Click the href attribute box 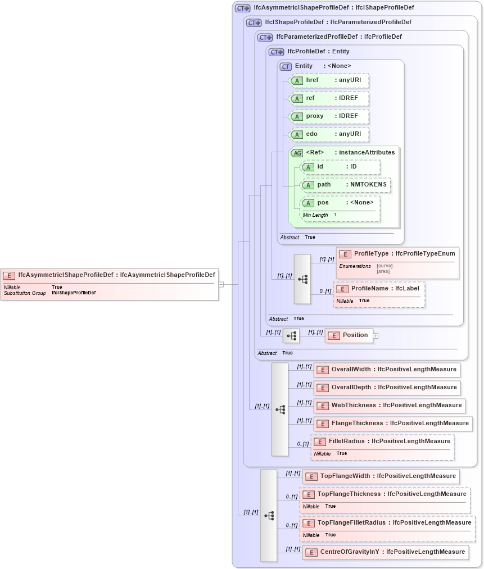[328, 80]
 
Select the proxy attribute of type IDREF [328, 116]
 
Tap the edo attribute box [328, 134]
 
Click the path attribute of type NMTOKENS [345, 185]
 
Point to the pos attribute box [340, 203]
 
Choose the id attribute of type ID [340, 167]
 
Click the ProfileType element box [397, 254]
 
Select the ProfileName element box [379, 289]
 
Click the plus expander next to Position [376, 336]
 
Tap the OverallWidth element [387, 370]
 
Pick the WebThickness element [390, 406]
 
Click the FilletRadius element [382, 441]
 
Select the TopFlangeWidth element [381, 476]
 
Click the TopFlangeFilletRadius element [387, 523]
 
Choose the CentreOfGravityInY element [385, 552]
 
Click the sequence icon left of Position [291, 336]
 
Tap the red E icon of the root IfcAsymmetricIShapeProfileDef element [9, 275]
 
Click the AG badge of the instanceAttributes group [297, 153]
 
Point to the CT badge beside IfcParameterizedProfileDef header [265, 38]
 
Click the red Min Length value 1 [335, 215]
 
